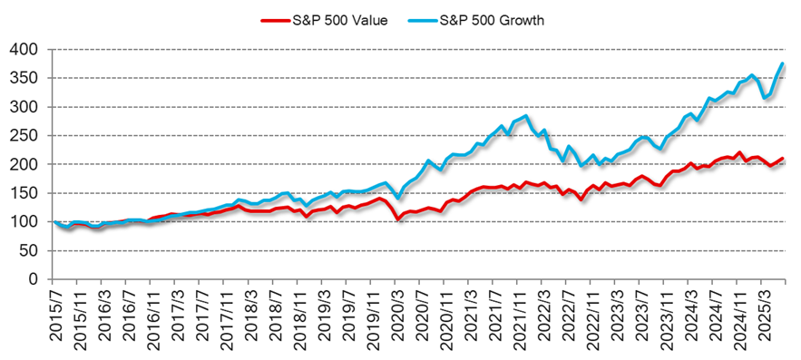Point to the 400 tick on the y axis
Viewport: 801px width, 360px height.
coord(27,49)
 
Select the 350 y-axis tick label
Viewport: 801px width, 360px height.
coord(27,78)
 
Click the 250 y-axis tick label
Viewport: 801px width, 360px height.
coord(27,135)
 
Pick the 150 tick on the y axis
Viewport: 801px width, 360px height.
coord(27,193)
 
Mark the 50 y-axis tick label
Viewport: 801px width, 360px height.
coord(31,250)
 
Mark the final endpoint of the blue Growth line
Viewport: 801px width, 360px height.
coord(783,63)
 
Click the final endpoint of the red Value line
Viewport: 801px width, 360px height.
coord(783,159)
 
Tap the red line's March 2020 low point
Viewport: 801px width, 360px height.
coord(397,219)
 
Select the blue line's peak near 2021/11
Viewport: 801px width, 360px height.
coord(526,116)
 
